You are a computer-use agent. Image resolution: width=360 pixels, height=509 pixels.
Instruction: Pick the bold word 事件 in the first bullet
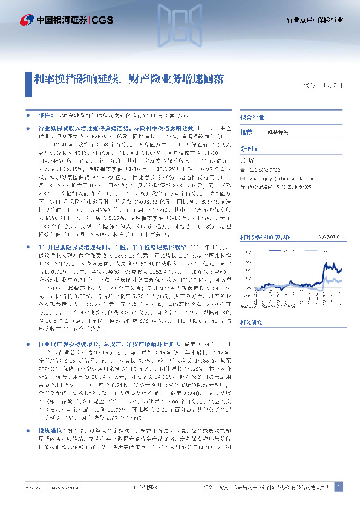point(45,114)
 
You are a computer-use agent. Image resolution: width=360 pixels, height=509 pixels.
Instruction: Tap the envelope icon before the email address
point(243,179)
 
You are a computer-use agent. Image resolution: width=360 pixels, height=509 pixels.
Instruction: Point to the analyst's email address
point(280,179)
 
